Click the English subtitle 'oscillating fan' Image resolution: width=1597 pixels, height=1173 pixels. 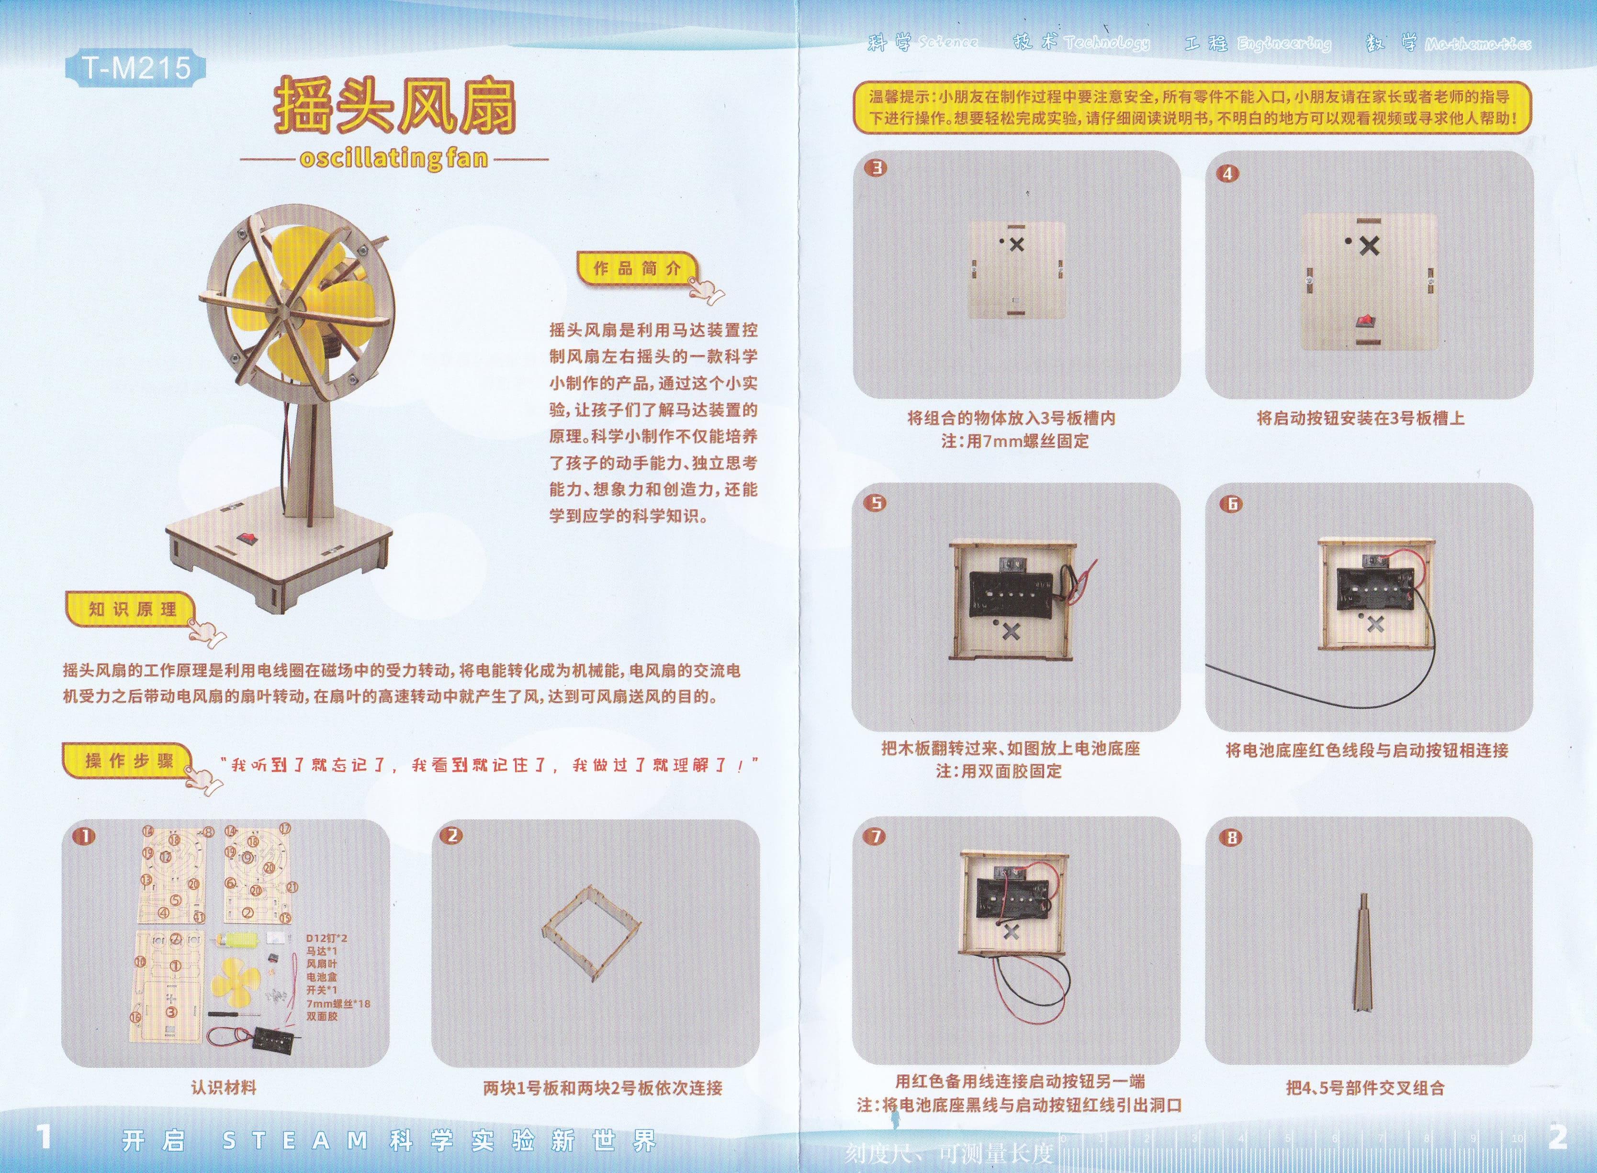(x=394, y=158)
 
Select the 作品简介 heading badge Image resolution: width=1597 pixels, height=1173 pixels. (x=637, y=268)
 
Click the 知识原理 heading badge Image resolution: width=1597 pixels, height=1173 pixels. (x=132, y=609)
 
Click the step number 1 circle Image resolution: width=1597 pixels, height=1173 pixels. (x=85, y=836)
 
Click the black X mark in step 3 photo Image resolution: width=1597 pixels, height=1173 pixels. (x=1017, y=244)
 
